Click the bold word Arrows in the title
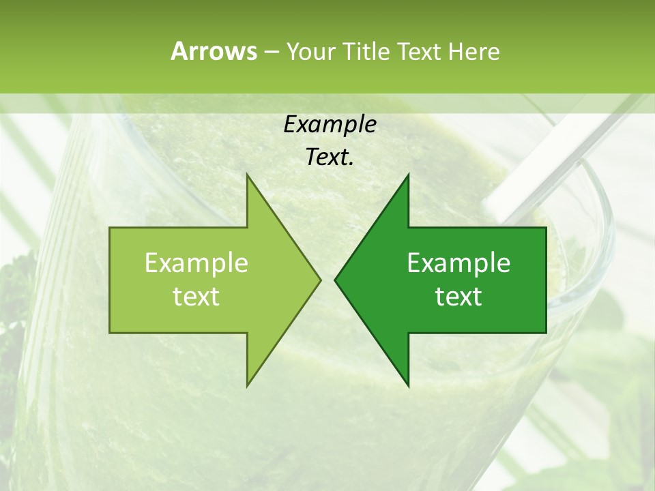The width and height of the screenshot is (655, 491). [x=214, y=51]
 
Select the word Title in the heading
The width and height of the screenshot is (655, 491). [x=368, y=51]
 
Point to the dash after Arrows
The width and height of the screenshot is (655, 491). [x=270, y=52]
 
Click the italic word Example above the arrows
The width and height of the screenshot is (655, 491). [x=330, y=125]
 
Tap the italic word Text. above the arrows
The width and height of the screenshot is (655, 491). [x=330, y=158]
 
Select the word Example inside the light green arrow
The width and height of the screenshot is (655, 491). [x=196, y=263]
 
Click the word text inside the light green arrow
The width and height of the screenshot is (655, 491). [x=196, y=297]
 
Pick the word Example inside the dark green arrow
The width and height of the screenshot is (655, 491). [x=458, y=263]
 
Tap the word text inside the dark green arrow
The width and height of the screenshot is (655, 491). [x=458, y=297]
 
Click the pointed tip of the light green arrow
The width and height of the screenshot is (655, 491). [x=319, y=280]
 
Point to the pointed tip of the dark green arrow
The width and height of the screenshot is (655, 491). [x=336, y=280]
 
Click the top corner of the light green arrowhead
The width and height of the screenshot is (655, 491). [x=248, y=175]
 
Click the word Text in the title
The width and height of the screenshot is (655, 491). [x=422, y=51]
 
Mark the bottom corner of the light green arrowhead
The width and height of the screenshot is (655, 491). [x=248, y=385]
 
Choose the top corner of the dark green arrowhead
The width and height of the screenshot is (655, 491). [x=408, y=175]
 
